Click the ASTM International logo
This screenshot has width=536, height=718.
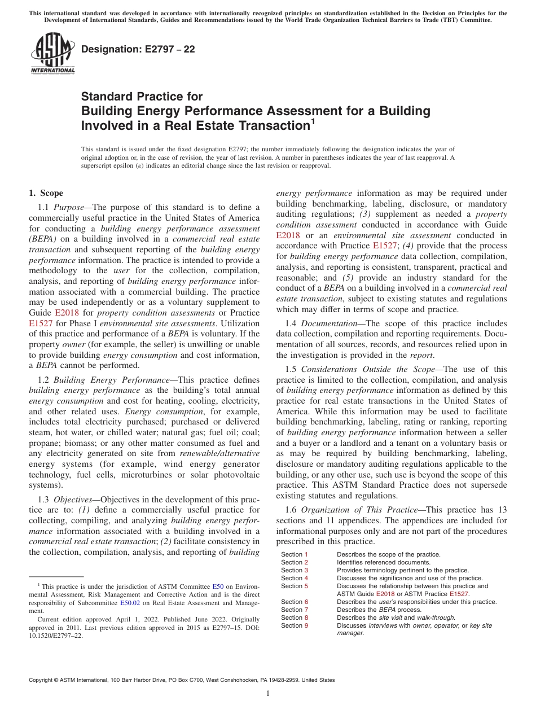(x=52, y=54)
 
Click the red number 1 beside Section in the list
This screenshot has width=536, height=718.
(x=306, y=554)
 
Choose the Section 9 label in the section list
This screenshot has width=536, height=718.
(x=295, y=625)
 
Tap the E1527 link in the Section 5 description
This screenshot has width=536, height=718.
(x=459, y=594)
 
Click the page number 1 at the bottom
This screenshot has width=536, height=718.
(x=268, y=694)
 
